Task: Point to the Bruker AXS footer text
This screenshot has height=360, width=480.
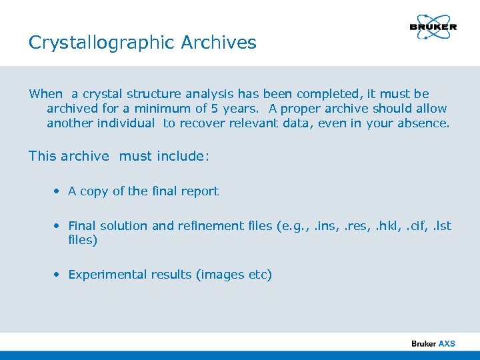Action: [433, 343]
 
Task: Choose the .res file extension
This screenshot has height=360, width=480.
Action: [348, 226]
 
